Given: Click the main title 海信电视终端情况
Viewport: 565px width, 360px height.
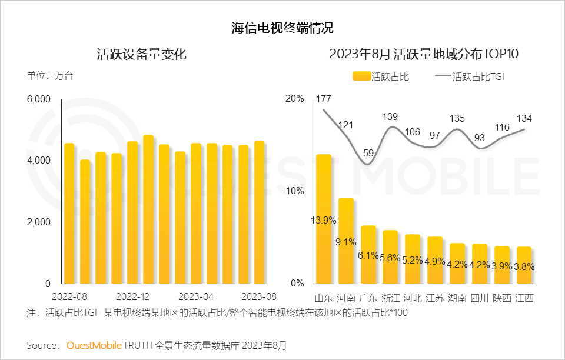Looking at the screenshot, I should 282,28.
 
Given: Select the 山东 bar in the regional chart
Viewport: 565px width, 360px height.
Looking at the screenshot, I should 324,218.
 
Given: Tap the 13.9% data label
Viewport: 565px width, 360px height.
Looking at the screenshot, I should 324,221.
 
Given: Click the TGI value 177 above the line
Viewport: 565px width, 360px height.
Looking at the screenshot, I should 323,98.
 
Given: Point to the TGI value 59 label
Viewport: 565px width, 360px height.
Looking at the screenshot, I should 368,154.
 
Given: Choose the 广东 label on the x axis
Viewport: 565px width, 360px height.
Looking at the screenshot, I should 368,298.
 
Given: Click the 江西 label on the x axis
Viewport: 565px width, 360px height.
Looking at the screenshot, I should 524,298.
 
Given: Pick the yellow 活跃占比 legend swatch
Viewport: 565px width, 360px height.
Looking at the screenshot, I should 361,76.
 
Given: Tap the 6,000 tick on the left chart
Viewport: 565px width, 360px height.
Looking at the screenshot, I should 39,99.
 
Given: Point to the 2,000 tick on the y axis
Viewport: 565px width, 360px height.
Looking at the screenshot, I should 39,222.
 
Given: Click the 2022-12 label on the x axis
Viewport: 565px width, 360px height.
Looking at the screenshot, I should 133,295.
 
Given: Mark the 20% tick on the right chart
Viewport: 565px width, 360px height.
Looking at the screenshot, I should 294,98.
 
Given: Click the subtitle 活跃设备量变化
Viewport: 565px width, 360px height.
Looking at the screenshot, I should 141,55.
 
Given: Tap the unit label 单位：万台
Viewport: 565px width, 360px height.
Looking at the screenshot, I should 50,76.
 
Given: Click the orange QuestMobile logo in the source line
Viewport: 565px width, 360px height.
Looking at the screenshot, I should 94,345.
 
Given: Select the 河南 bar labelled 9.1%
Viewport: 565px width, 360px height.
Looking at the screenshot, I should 346,241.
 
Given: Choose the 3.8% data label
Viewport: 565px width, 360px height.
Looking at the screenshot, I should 524,266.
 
